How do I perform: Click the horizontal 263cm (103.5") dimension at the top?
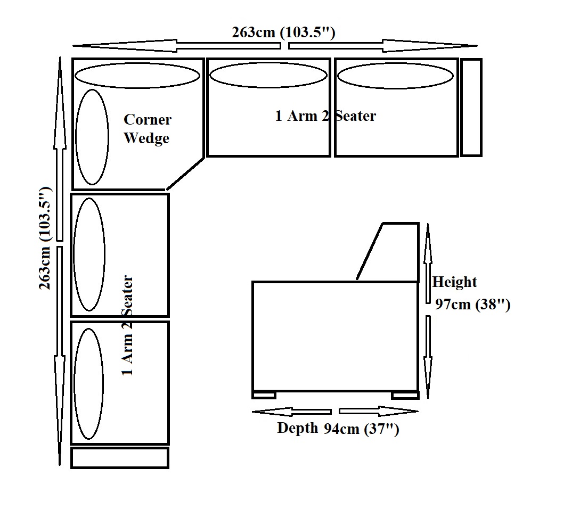(x=283, y=32)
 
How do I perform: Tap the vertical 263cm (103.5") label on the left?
(x=45, y=238)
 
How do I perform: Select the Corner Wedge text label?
(x=147, y=129)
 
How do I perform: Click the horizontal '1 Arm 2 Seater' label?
(x=325, y=116)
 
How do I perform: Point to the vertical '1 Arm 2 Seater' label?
(x=127, y=325)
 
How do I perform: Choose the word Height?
(x=454, y=282)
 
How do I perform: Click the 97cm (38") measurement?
(x=472, y=305)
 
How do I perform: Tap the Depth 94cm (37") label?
(x=338, y=429)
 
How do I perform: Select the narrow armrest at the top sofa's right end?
(x=471, y=108)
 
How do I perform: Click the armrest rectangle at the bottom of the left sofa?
(x=120, y=458)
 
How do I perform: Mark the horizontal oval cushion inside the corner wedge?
(x=137, y=76)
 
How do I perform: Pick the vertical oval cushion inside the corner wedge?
(x=92, y=137)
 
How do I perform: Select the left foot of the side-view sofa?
(x=264, y=395)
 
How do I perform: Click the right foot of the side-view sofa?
(x=405, y=395)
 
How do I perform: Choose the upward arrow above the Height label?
(x=427, y=250)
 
